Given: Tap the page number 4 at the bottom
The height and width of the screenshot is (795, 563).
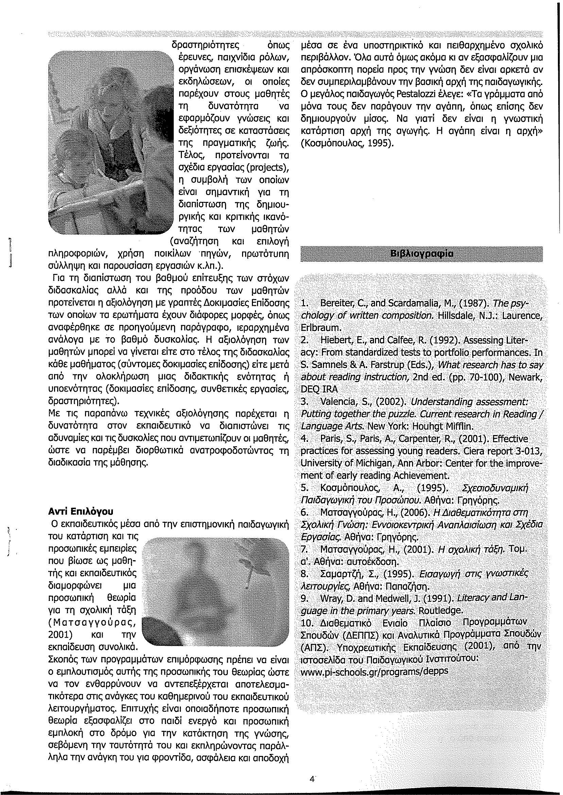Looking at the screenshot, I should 312,767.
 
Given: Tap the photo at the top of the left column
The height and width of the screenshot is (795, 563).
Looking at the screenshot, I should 110,142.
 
